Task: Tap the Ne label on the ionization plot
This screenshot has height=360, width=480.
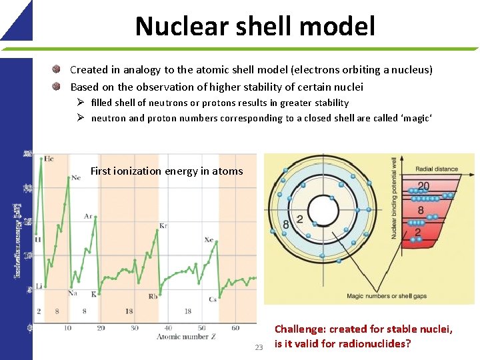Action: coord(77,177)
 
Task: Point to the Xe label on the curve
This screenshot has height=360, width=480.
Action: coord(209,240)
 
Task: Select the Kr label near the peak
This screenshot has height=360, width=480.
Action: coord(163,227)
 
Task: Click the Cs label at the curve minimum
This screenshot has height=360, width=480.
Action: coord(212,299)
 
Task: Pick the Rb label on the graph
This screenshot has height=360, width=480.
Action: coord(153,296)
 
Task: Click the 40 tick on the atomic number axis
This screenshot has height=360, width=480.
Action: coord(168,328)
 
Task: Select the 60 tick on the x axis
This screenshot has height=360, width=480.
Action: coord(235,328)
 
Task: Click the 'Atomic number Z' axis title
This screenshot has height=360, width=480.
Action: coord(185,337)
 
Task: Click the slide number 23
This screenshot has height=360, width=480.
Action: coord(259,347)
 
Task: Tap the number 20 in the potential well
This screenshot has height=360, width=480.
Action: coord(423,186)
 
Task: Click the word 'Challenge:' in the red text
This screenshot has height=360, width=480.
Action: coord(299,329)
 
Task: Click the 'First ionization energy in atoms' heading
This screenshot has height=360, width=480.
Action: coord(167,171)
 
